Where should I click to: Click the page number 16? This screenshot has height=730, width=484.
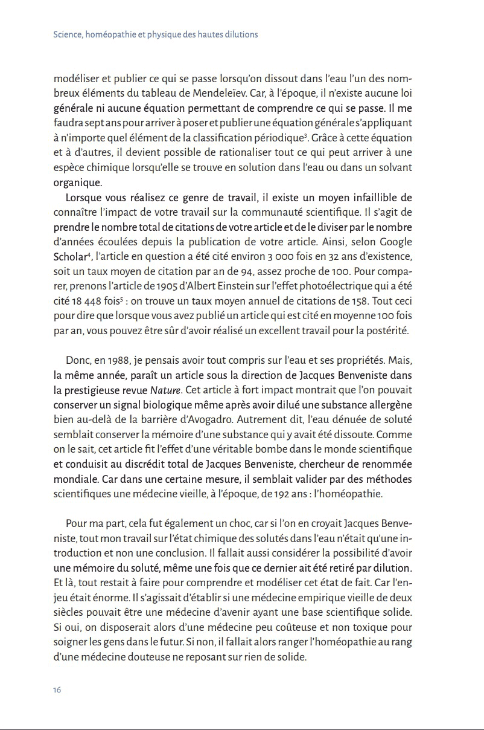point(58,690)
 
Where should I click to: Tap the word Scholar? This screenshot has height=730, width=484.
point(69,256)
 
